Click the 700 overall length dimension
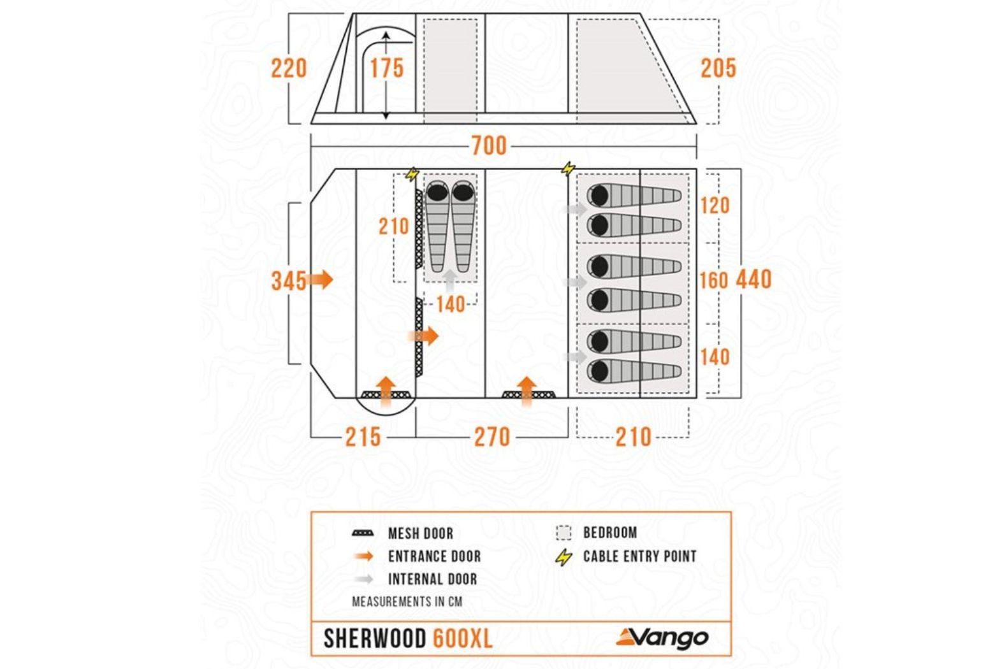pyautogui.click(x=489, y=146)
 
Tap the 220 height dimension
pyautogui.click(x=289, y=68)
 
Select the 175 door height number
pyautogui.click(x=387, y=68)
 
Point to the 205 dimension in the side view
pyautogui.click(x=718, y=68)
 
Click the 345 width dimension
pyautogui.click(x=288, y=280)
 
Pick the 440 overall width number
pyautogui.click(x=754, y=279)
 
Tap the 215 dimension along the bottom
pyautogui.click(x=363, y=437)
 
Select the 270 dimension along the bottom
pyautogui.click(x=491, y=437)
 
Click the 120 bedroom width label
pyautogui.click(x=714, y=205)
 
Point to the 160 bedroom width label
pyautogui.click(x=713, y=280)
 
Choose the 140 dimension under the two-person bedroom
pyautogui.click(x=450, y=304)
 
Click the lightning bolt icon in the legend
pyautogui.click(x=564, y=557)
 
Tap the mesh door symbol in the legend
pyautogui.click(x=363, y=533)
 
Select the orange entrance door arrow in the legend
pyautogui.click(x=364, y=556)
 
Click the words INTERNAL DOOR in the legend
pyautogui.click(x=432, y=579)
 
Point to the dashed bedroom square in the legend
pyautogui.click(x=563, y=533)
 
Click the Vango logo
pyautogui.click(x=662, y=637)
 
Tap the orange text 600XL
pyautogui.click(x=462, y=638)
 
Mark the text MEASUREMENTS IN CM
pyautogui.click(x=407, y=601)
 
